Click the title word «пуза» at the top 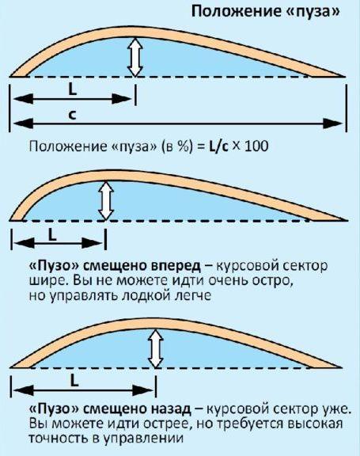click(313, 12)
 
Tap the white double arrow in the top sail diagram click(135, 57)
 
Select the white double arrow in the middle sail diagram click(106, 200)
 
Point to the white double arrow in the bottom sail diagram click(156, 348)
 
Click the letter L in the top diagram click(72, 90)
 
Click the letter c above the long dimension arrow click(72, 115)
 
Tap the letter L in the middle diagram click(52, 234)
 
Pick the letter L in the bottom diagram click(74, 380)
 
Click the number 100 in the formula click(256, 146)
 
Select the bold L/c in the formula click(219, 146)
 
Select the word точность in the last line click(58, 438)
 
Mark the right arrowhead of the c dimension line click(333, 123)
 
